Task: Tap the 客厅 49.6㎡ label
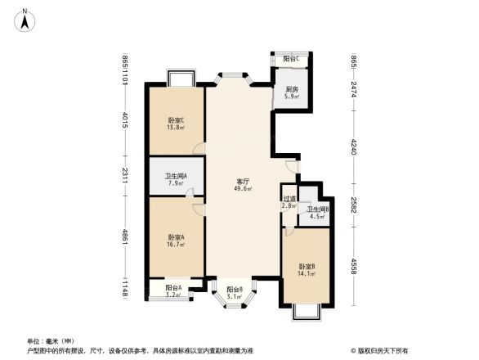[x=244, y=185]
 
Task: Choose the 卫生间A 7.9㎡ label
[x=175, y=179]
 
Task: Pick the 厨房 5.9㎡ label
[x=291, y=93]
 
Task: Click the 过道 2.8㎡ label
[x=289, y=202]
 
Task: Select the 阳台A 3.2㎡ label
[x=172, y=290]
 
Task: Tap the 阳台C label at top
[x=290, y=60]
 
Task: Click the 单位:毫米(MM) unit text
[x=50, y=340]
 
